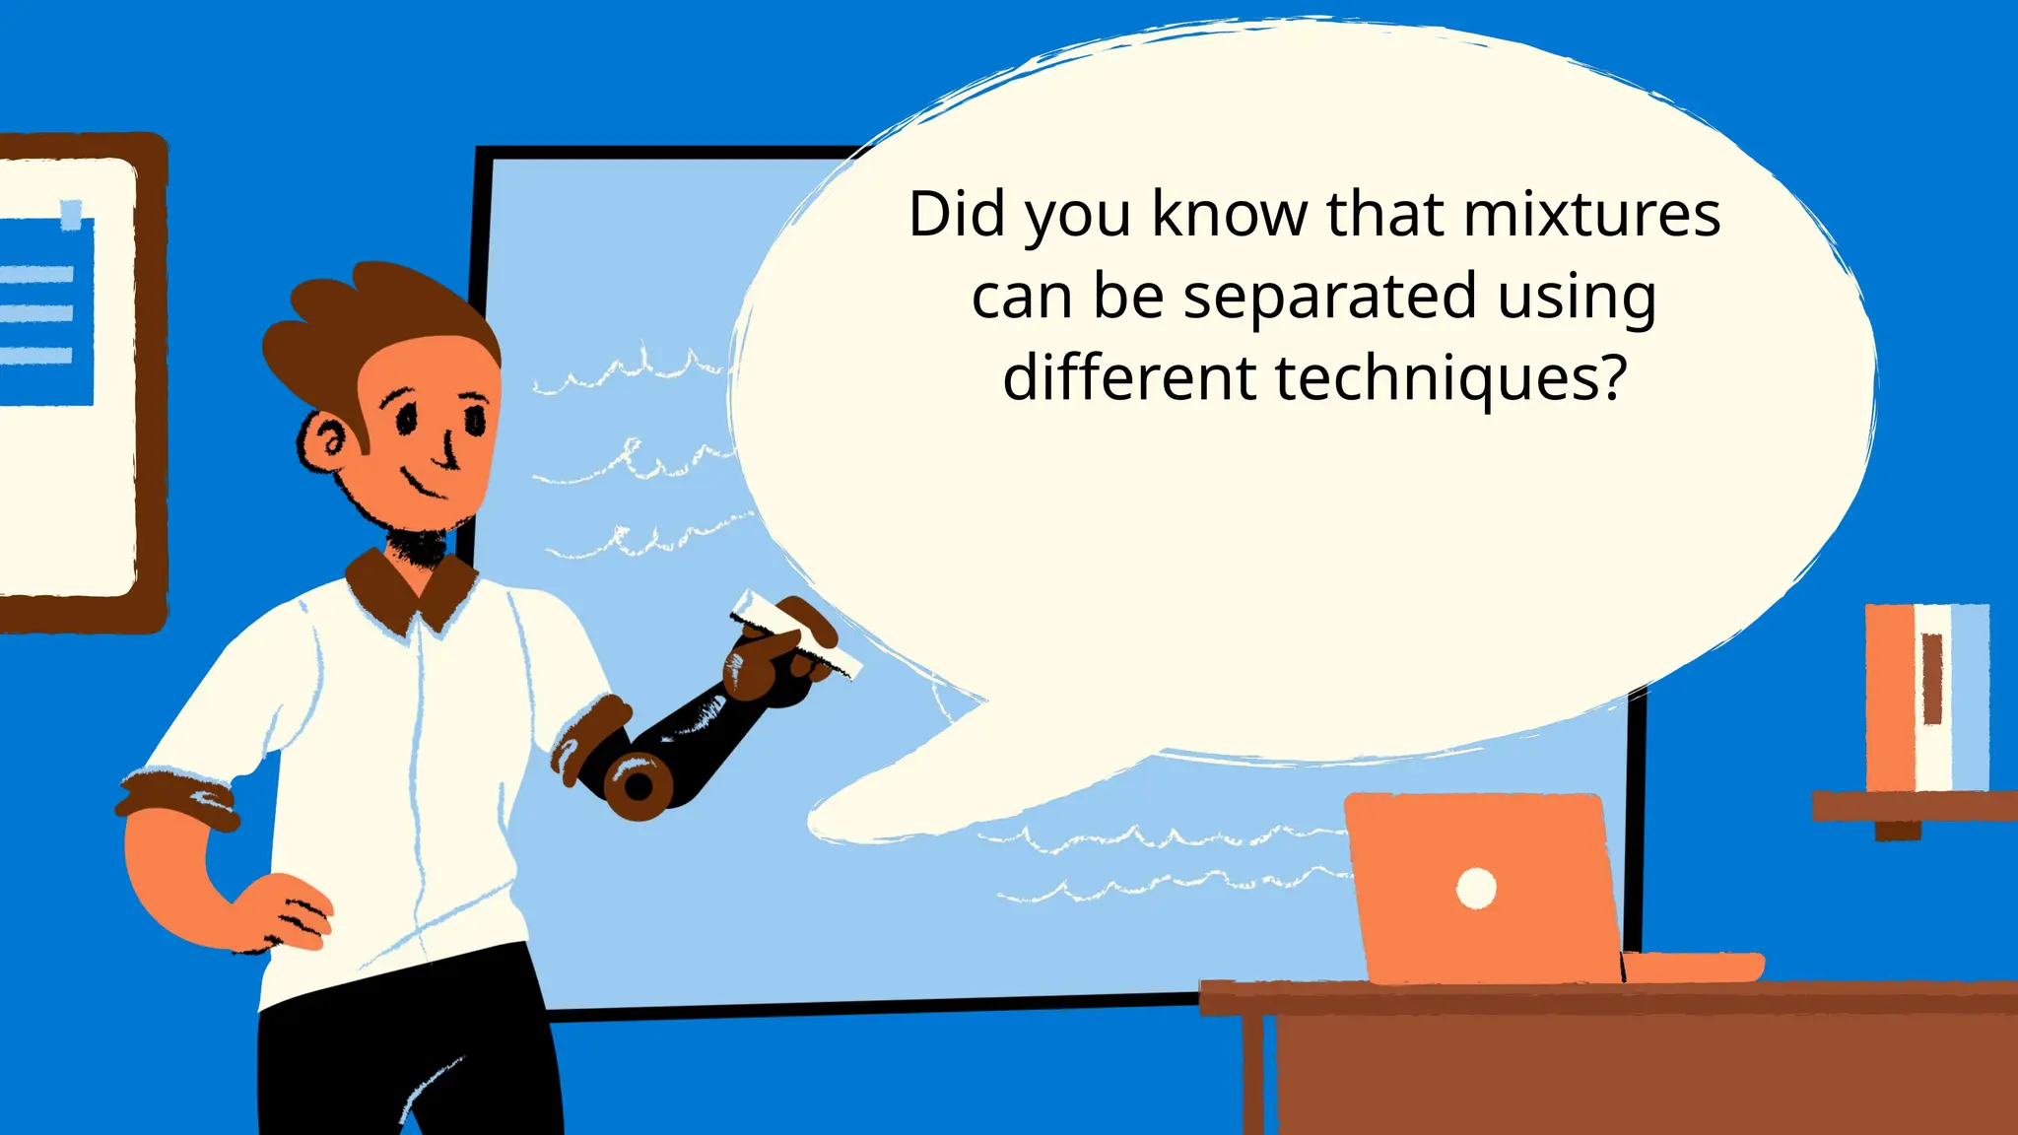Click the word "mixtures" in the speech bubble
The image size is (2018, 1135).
pos(1591,215)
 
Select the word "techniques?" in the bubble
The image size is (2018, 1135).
pos(1450,379)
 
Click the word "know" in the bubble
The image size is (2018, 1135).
pos(1229,214)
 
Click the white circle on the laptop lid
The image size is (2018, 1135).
pos(1476,888)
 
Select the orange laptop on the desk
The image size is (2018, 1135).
pos(1488,887)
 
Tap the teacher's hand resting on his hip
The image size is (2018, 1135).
pos(286,911)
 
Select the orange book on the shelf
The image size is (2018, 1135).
pos(1889,696)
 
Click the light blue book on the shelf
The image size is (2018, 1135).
pos(1970,696)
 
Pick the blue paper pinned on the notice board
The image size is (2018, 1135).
pos(44,310)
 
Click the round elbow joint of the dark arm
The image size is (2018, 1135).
pos(639,785)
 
